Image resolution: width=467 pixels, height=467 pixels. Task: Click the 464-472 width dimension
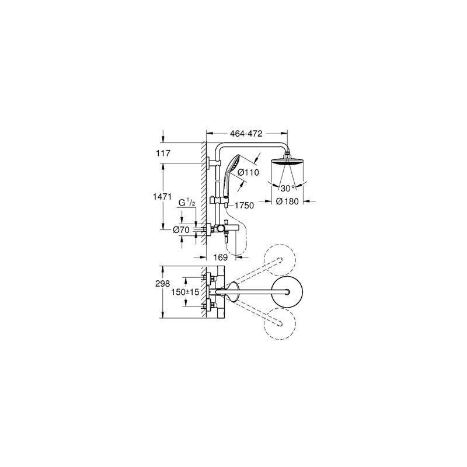click(246, 134)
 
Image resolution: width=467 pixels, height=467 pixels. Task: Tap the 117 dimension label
click(163, 154)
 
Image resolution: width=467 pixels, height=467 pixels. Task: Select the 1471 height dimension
click(162, 197)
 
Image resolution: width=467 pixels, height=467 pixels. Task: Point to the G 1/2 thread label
click(187, 203)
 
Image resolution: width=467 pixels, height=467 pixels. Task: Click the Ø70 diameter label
click(182, 229)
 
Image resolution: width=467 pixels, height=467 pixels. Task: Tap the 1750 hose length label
click(244, 205)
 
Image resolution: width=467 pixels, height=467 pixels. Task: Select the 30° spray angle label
click(288, 188)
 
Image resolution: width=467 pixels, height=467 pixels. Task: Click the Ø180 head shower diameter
click(287, 201)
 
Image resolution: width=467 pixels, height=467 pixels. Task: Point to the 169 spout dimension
click(221, 257)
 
